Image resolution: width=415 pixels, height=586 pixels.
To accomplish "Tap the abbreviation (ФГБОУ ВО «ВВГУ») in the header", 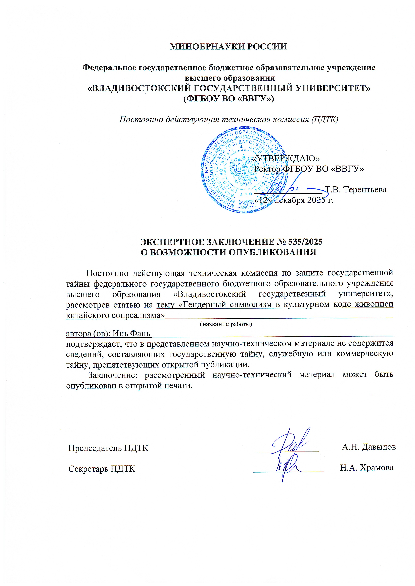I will (x=229, y=99).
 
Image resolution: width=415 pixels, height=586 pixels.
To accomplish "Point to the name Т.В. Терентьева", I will (x=356, y=190).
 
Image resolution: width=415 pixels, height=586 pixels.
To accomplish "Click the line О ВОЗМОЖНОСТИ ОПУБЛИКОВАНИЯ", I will (x=229, y=252).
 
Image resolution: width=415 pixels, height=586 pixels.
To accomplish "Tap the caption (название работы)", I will (x=226, y=324).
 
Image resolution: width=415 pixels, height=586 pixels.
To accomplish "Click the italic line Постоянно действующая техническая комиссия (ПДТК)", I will (x=229, y=119).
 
